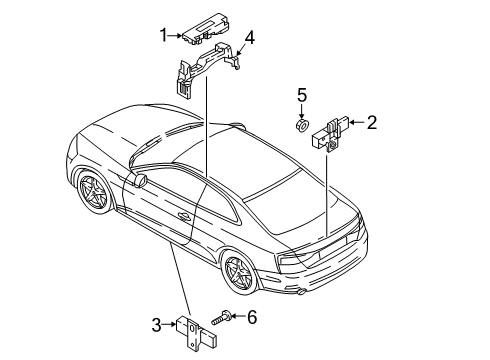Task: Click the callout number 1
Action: pos(164,35)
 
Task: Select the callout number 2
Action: pos(372,122)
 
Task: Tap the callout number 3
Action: pos(156,325)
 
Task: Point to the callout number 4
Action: pos(249,38)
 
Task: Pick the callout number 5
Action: pos(302,95)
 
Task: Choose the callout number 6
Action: pos(252,317)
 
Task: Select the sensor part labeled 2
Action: pos(331,134)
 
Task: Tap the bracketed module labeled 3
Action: pos(197,332)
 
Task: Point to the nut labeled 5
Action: pos(302,125)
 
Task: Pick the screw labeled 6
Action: pos(222,317)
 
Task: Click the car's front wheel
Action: pos(94,192)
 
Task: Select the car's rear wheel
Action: pos(240,272)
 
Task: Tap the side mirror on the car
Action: pos(140,180)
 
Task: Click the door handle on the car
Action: pos(183,216)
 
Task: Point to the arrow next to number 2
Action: pos(357,122)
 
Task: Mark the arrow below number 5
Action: pos(302,111)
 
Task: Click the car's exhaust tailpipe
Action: pos(301,292)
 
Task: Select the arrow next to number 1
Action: pos(175,35)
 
